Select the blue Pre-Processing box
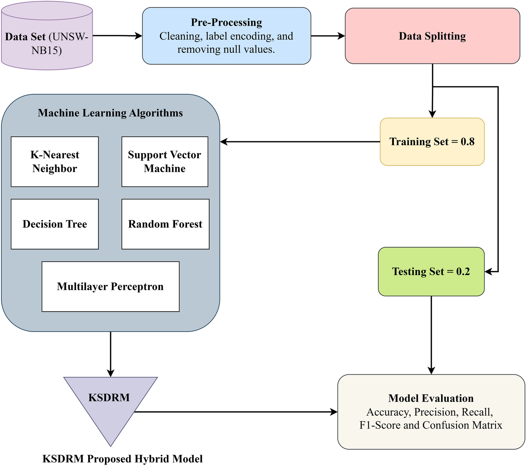(226, 36)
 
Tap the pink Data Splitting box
(432, 36)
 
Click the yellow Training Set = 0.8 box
(432, 142)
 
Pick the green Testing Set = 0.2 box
(431, 271)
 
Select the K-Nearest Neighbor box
(55, 161)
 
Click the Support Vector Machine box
(165, 161)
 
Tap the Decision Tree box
(55, 224)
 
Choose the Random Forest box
(165, 224)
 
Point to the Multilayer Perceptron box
(110, 287)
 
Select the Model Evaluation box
(431, 412)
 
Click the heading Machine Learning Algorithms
(110, 113)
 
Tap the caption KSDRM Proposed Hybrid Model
(122, 459)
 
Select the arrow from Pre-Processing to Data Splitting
(328, 36)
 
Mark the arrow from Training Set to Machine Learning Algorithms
(299, 142)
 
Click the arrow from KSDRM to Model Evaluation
(236, 412)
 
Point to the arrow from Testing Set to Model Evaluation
(431, 335)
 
